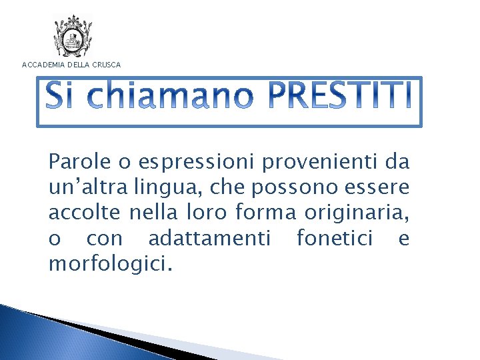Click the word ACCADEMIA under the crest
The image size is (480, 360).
click(x=43, y=65)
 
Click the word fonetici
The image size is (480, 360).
click(x=334, y=239)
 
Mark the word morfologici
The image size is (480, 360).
click(x=110, y=265)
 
